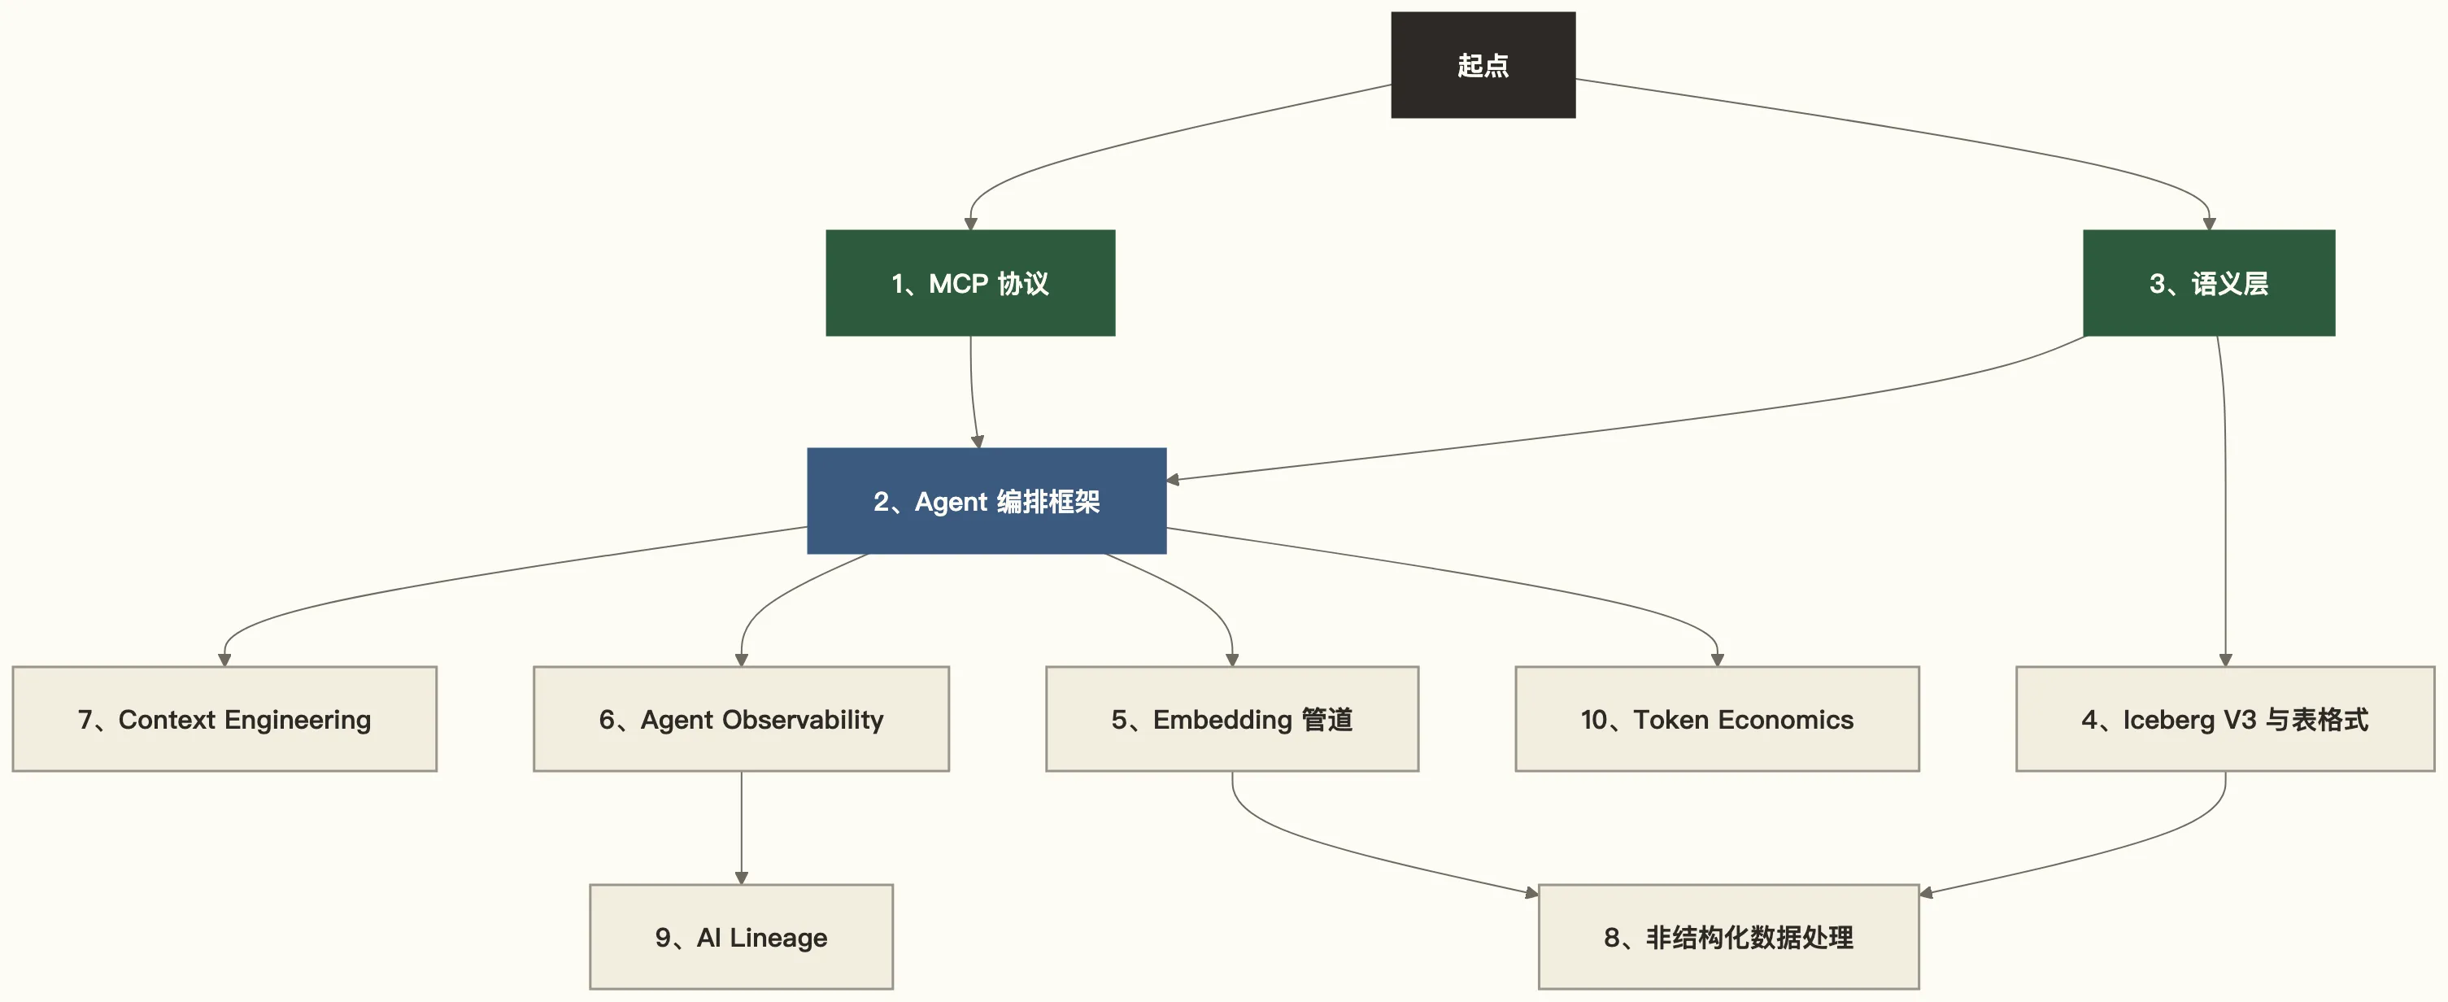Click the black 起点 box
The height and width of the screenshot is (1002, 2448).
pyautogui.click(x=1483, y=64)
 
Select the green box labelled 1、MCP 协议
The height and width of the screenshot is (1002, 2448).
pyautogui.click(x=969, y=282)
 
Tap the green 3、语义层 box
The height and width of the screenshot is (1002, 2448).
pyautogui.click(x=2207, y=282)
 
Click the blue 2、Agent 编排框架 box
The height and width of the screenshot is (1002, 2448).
pyautogui.click(x=987, y=501)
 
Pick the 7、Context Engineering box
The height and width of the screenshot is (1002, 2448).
pyautogui.click(x=224, y=719)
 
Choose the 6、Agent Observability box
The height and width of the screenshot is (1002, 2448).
pyautogui.click(x=741, y=719)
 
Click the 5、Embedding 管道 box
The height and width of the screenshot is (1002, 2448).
pyautogui.click(x=1231, y=719)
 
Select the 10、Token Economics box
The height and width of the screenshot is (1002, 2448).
pyautogui.click(x=1716, y=719)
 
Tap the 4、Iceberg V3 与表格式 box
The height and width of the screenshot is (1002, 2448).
pyautogui.click(x=2224, y=719)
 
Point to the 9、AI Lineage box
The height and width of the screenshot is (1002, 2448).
pyautogui.click(x=741, y=938)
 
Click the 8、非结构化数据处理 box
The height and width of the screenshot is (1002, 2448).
pyautogui.click(x=1727, y=938)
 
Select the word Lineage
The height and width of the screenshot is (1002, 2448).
pyautogui.click(x=778, y=939)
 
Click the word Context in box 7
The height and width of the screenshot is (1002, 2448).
pyautogui.click(x=166, y=720)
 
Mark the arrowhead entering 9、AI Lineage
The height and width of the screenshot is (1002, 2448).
pyautogui.click(x=741, y=878)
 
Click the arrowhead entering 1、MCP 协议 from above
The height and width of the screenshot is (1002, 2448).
pyautogui.click(x=970, y=224)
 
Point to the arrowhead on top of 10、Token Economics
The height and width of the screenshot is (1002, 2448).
pyautogui.click(x=1716, y=660)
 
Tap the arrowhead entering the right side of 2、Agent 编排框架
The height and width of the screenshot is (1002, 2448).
pyautogui.click(x=1174, y=480)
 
